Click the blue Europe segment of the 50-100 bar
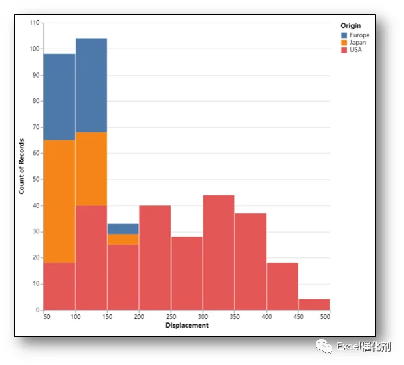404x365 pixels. tap(60, 97)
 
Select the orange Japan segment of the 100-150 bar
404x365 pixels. tap(92, 169)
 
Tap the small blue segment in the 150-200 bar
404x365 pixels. tap(123, 229)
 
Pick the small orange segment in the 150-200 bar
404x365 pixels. tap(123, 239)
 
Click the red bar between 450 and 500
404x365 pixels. tap(314, 304)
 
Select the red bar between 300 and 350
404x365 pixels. tap(219, 253)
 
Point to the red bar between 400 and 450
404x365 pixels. tap(283, 286)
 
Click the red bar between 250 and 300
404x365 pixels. tap(187, 273)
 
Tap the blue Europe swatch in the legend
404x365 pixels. tap(344, 35)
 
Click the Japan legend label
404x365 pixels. tap(358, 43)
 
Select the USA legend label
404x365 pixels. tap(356, 50)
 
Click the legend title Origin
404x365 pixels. tap(350, 26)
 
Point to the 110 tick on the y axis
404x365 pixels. tap(35, 23)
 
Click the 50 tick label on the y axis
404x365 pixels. tap(36, 179)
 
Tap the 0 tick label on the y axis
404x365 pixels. tap(38, 310)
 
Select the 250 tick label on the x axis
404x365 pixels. tap(171, 317)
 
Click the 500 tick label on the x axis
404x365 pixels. tap(325, 317)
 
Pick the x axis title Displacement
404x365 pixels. tap(187, 326)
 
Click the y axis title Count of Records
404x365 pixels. tap(21, 166)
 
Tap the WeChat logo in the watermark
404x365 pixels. tap(324, 346)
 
